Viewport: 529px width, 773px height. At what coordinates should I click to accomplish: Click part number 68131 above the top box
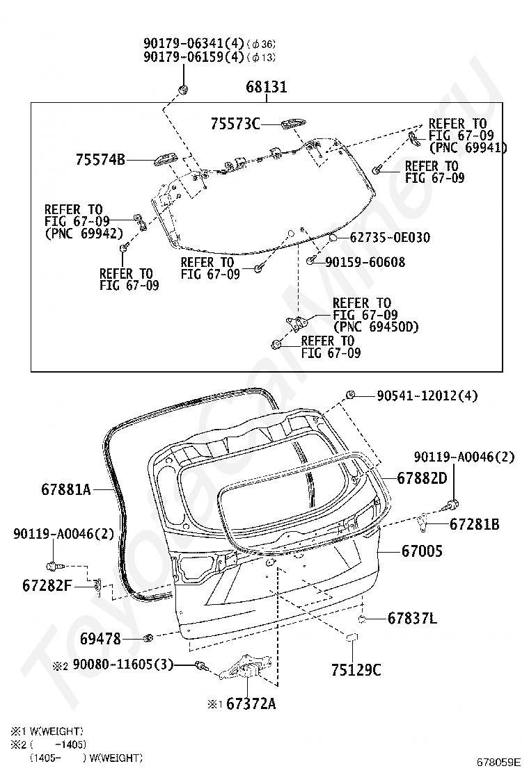tap(267, 87)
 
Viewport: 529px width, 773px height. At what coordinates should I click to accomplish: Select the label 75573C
tap(235, 124)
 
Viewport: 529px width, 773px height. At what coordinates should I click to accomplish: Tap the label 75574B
tap(101, 160)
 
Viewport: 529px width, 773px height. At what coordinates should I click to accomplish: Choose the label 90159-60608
tap(365, 262)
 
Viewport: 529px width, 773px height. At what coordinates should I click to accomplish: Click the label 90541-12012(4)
tap(427, 396)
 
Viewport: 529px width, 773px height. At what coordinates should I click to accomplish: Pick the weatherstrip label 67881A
tap(66, 489)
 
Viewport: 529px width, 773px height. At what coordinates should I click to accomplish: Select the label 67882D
tap(423, 478)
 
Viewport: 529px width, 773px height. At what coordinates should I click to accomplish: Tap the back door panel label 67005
tap(423, 551)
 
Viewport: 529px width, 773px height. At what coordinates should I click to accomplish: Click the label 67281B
tap(474, 524)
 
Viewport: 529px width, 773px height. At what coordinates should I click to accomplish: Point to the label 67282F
tap(47, 586)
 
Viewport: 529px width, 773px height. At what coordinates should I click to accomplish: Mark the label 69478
tap(101, 639)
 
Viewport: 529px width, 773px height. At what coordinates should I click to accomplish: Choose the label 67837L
tap(413, 618)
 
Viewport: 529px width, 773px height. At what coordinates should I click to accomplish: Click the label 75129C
tap(356, 670)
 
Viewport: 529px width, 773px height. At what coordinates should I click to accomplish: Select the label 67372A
tap(251, 703)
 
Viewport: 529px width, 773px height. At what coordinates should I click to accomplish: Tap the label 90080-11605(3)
tap(123, 665)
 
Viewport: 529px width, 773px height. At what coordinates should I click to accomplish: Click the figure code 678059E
tap(498, 762)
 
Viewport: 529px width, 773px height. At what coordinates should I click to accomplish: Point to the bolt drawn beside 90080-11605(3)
tap(200, 666)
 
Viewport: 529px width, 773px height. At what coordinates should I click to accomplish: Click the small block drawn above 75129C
tap(352, 637)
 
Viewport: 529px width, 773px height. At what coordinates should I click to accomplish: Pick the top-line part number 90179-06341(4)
tap(194, 43)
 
